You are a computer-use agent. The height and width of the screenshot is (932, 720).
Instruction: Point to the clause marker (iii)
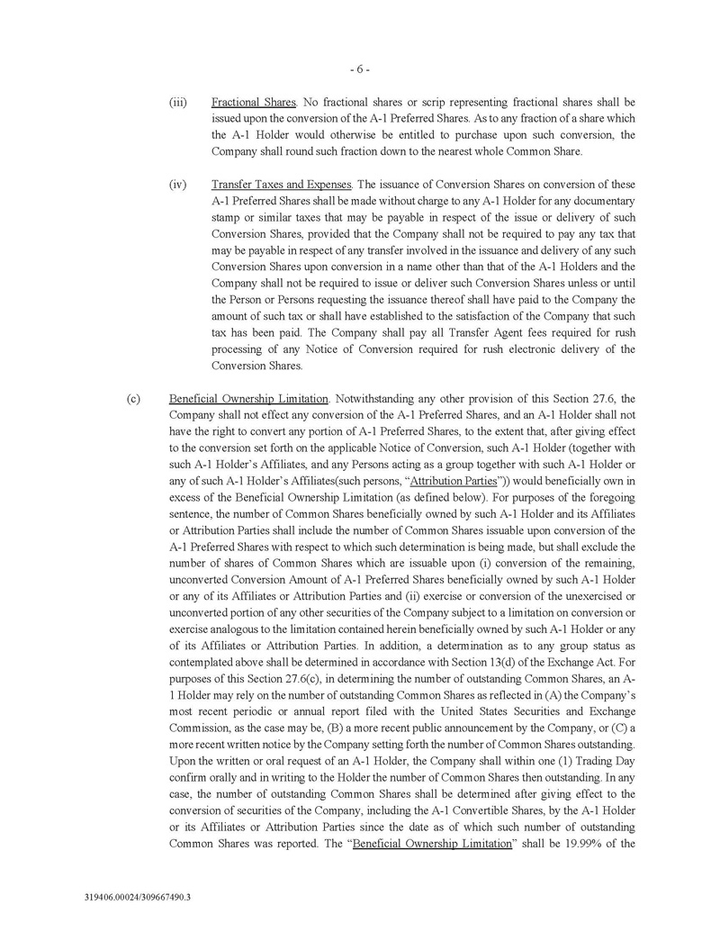(177, 103)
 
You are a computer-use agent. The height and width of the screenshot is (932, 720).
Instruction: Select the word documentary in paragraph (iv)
(604, 201)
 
